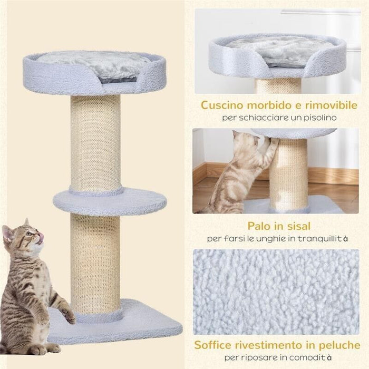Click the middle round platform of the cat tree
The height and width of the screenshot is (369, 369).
pyautogui.click(x=110, y=201)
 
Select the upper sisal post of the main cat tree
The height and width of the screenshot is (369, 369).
pyautogui.click(x=95, y=142)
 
